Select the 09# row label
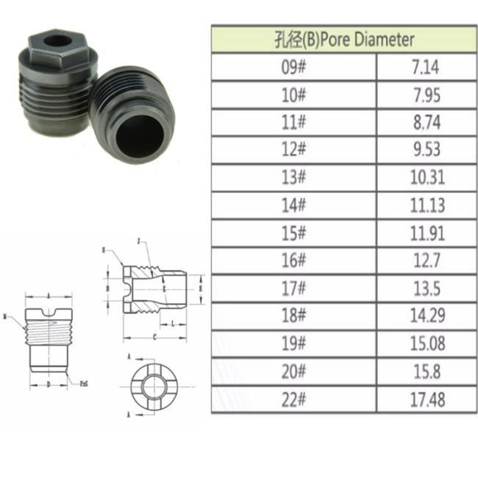293,68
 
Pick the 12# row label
293,149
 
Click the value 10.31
427,177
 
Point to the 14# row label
293,205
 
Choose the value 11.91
427,232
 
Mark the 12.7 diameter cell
427,260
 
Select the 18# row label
293,315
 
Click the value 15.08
427,343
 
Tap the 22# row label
293,399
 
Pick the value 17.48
427,399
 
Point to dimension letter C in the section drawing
154,336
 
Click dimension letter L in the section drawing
171,322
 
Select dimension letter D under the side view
47,384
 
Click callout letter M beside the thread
5,318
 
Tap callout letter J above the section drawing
138,242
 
